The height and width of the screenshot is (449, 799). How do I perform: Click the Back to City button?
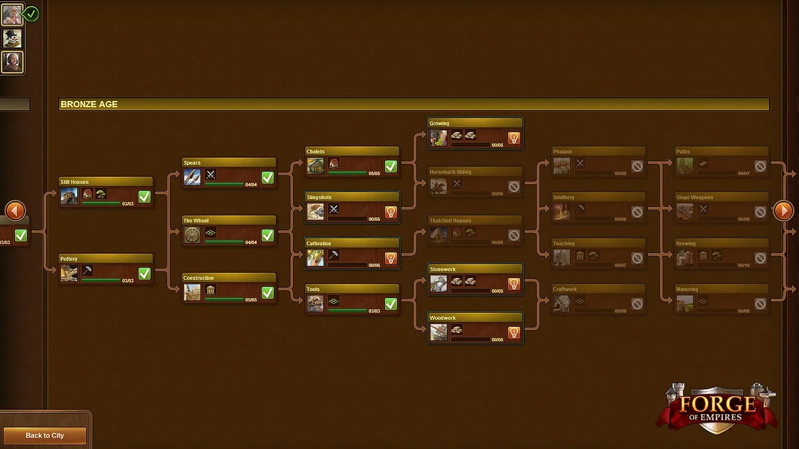(x=44, y=435)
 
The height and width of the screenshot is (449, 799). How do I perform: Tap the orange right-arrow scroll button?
(x=783, y=211)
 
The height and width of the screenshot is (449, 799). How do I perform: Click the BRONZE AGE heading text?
(x=89, y=104)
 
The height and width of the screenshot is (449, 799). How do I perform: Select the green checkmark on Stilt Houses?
(x=144, y=197)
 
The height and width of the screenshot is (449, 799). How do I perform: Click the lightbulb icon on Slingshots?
(x=391, y=213)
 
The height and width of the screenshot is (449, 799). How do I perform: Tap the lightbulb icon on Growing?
(x=514, y=138)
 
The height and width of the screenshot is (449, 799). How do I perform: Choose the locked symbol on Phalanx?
(x=637, y=167)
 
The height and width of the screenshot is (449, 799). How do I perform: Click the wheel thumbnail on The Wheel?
(x=192, y=235)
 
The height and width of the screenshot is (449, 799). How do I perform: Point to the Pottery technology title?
(x=69, y=259)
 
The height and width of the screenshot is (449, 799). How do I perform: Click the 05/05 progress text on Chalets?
(x=374, y=173)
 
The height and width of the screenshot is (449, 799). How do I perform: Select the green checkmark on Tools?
(x=391, y=304)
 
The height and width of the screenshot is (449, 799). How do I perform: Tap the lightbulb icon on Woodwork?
(x=514, y=333)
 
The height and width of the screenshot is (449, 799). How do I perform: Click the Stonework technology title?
(x=443, y=269)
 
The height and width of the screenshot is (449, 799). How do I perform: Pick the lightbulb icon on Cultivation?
(x=391, y=258)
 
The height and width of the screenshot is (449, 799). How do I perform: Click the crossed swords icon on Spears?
(x=211, y=175)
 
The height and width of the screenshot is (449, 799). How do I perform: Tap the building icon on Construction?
(x=211, y=291)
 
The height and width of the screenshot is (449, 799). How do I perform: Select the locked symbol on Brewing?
(x=760, y=258)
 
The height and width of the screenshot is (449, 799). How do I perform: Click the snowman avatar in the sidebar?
(x=12, y=39)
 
